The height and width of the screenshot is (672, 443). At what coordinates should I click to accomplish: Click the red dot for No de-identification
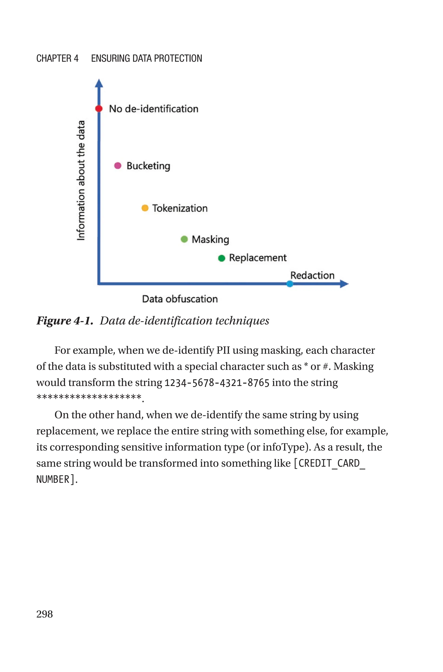point(99,108)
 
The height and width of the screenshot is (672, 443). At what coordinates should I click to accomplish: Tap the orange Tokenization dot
point(145,208)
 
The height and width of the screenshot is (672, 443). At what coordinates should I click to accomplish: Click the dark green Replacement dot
point(222,258)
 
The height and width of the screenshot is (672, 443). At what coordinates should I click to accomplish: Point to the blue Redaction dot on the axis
point(290,284)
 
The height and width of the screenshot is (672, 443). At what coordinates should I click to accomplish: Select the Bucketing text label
point(148,166)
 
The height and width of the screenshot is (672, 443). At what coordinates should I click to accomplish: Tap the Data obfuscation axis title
point(180,299)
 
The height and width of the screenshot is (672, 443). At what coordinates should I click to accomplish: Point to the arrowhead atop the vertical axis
point(99,83)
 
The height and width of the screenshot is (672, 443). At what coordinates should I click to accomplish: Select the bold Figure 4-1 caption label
point(65,321)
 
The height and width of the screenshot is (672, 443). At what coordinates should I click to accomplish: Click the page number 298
point(45,614)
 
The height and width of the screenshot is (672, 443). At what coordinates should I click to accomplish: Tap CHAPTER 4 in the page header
point(57,58)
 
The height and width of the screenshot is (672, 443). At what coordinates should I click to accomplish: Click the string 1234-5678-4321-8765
point(217,383)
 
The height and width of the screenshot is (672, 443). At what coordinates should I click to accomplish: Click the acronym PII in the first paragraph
point(223,350)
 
